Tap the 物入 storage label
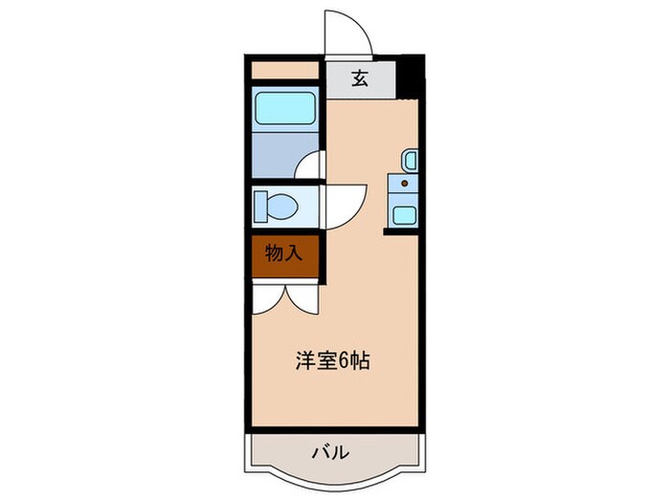click(x=284, y=254)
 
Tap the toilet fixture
click(x=279, y=205)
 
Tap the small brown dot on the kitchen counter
click(x=403, y=183)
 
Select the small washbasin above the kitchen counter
click(x=409, y=159)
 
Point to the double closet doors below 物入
click(x=284, y=296)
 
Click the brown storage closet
click(x=284, y=254)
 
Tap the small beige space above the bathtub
click(x=284, y=71)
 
